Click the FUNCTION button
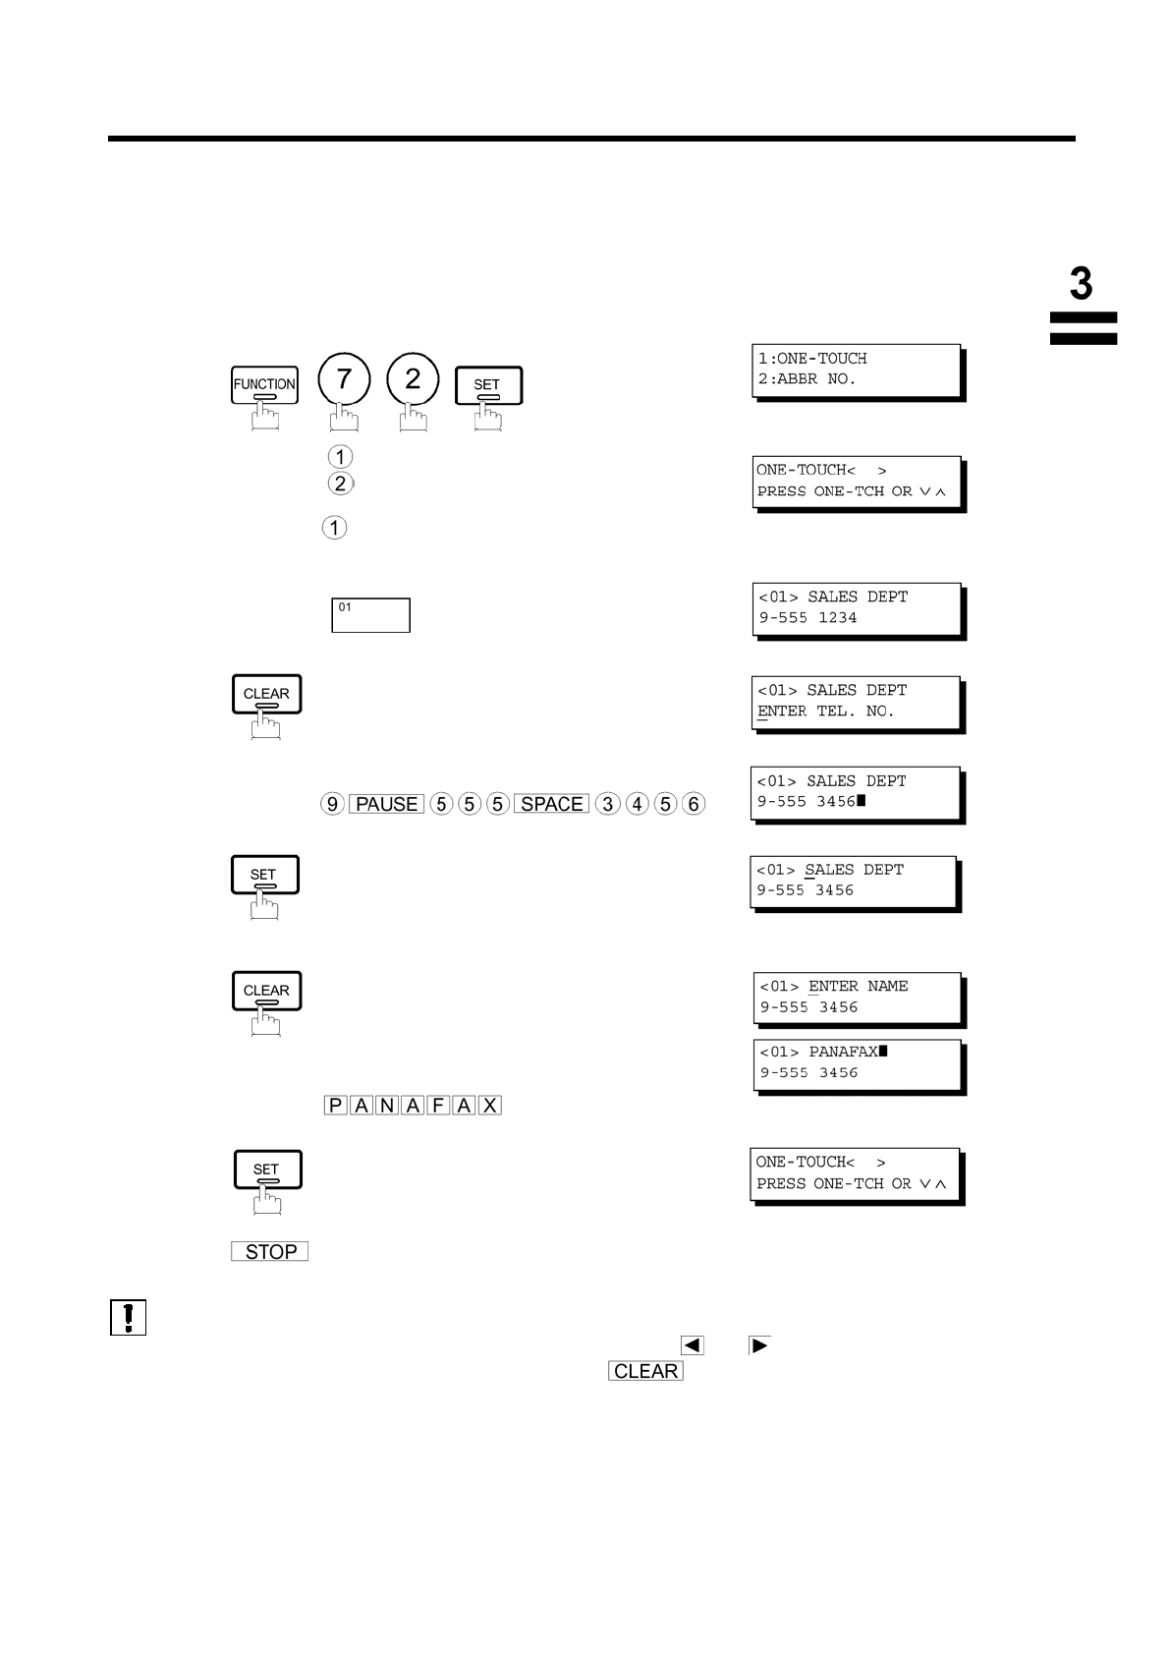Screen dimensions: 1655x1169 click(x=264, y=385)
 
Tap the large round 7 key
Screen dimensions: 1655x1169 click(x=344, y=380)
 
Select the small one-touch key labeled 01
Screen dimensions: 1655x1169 click(x=370, y=615)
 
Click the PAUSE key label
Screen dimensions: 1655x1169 click(x=386, y=804)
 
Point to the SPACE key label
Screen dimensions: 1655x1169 click(x=551, y=804)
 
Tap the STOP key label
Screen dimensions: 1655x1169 click(x=270, y=1252)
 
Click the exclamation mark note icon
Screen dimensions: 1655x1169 click(x=128, y=1317)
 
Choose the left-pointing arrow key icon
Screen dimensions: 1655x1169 click(x=692, y=1345)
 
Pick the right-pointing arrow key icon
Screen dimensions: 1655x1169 click(x=759, y=1345)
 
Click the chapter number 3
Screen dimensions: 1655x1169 click(x=1081, y=284)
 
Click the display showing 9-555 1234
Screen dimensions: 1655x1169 click(x=857, y=608)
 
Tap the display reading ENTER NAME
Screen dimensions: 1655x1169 click(x=859, y=998)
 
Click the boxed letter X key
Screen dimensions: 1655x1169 click(x=490, y=1106)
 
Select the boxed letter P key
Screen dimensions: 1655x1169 click(x=335, y=1106)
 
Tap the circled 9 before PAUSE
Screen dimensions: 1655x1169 click(x=332, y=804)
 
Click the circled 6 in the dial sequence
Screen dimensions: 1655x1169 click(x=694, y=804)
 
